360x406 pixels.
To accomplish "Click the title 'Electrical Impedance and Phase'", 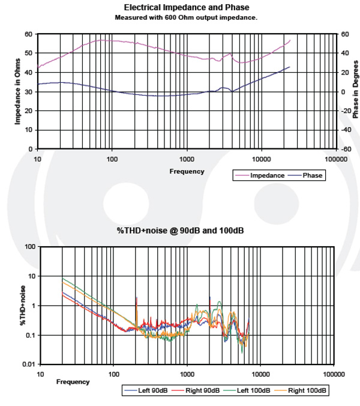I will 186,7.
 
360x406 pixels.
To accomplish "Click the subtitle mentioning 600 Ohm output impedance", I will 186,17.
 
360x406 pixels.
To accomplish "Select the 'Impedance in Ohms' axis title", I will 17,91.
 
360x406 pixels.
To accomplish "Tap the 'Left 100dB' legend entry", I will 255,390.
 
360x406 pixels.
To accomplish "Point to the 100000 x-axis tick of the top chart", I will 335,159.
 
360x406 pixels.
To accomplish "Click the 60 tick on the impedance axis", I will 28,34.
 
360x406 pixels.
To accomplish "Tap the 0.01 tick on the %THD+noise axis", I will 27,364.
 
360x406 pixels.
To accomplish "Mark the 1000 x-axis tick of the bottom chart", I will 187,374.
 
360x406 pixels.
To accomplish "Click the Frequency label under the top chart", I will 187,171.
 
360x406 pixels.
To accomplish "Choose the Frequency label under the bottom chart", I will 73,381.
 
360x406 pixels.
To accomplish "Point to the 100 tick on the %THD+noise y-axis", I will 28,247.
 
